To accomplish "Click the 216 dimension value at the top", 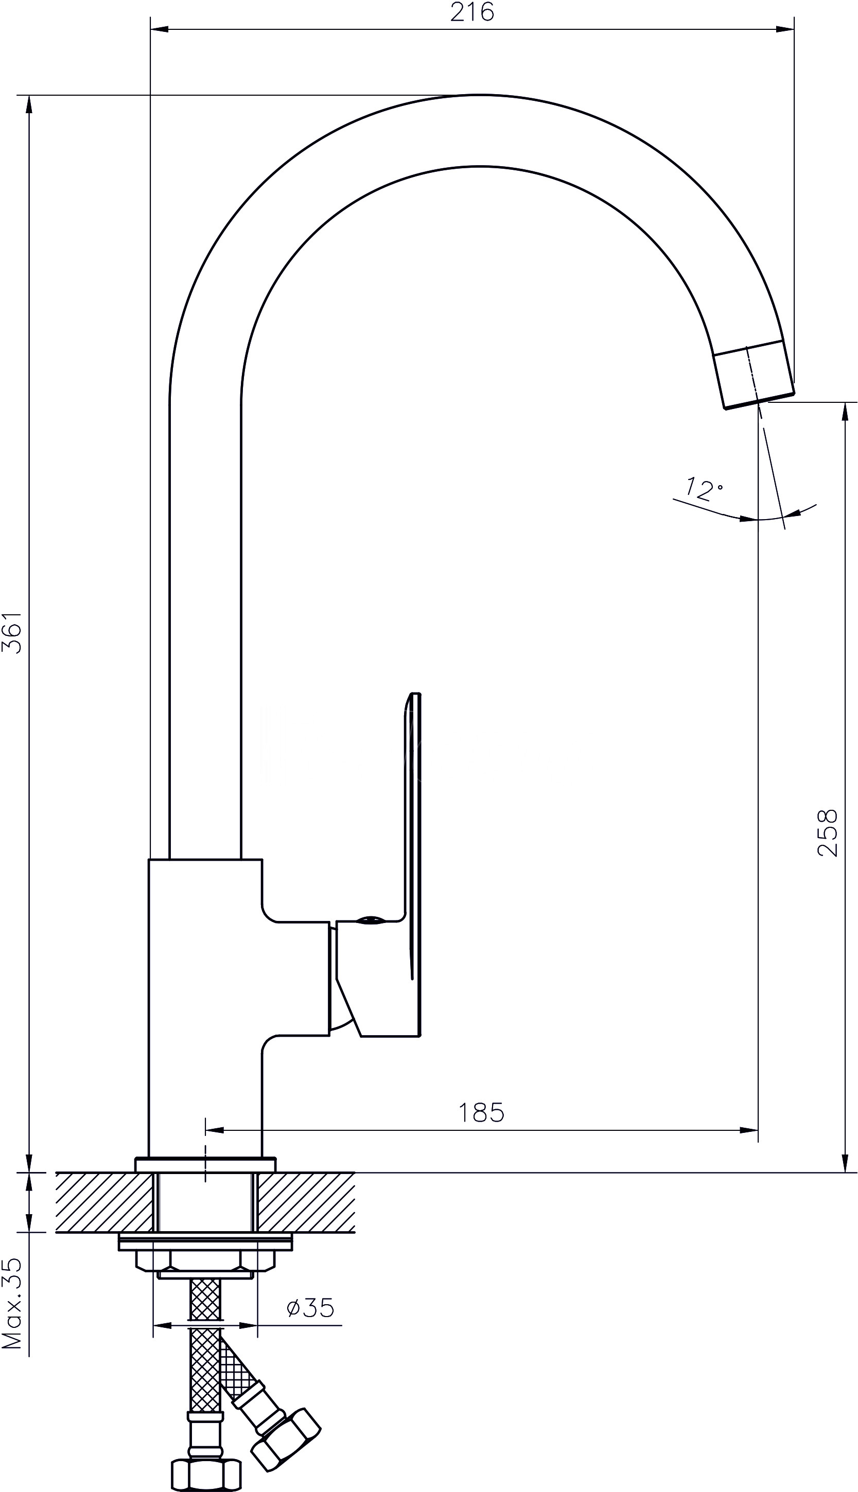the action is point(472,12).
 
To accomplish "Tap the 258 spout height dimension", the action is point(827,833).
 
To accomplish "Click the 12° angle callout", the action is point(704,488).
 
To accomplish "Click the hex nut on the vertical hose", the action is point(206,1470).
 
